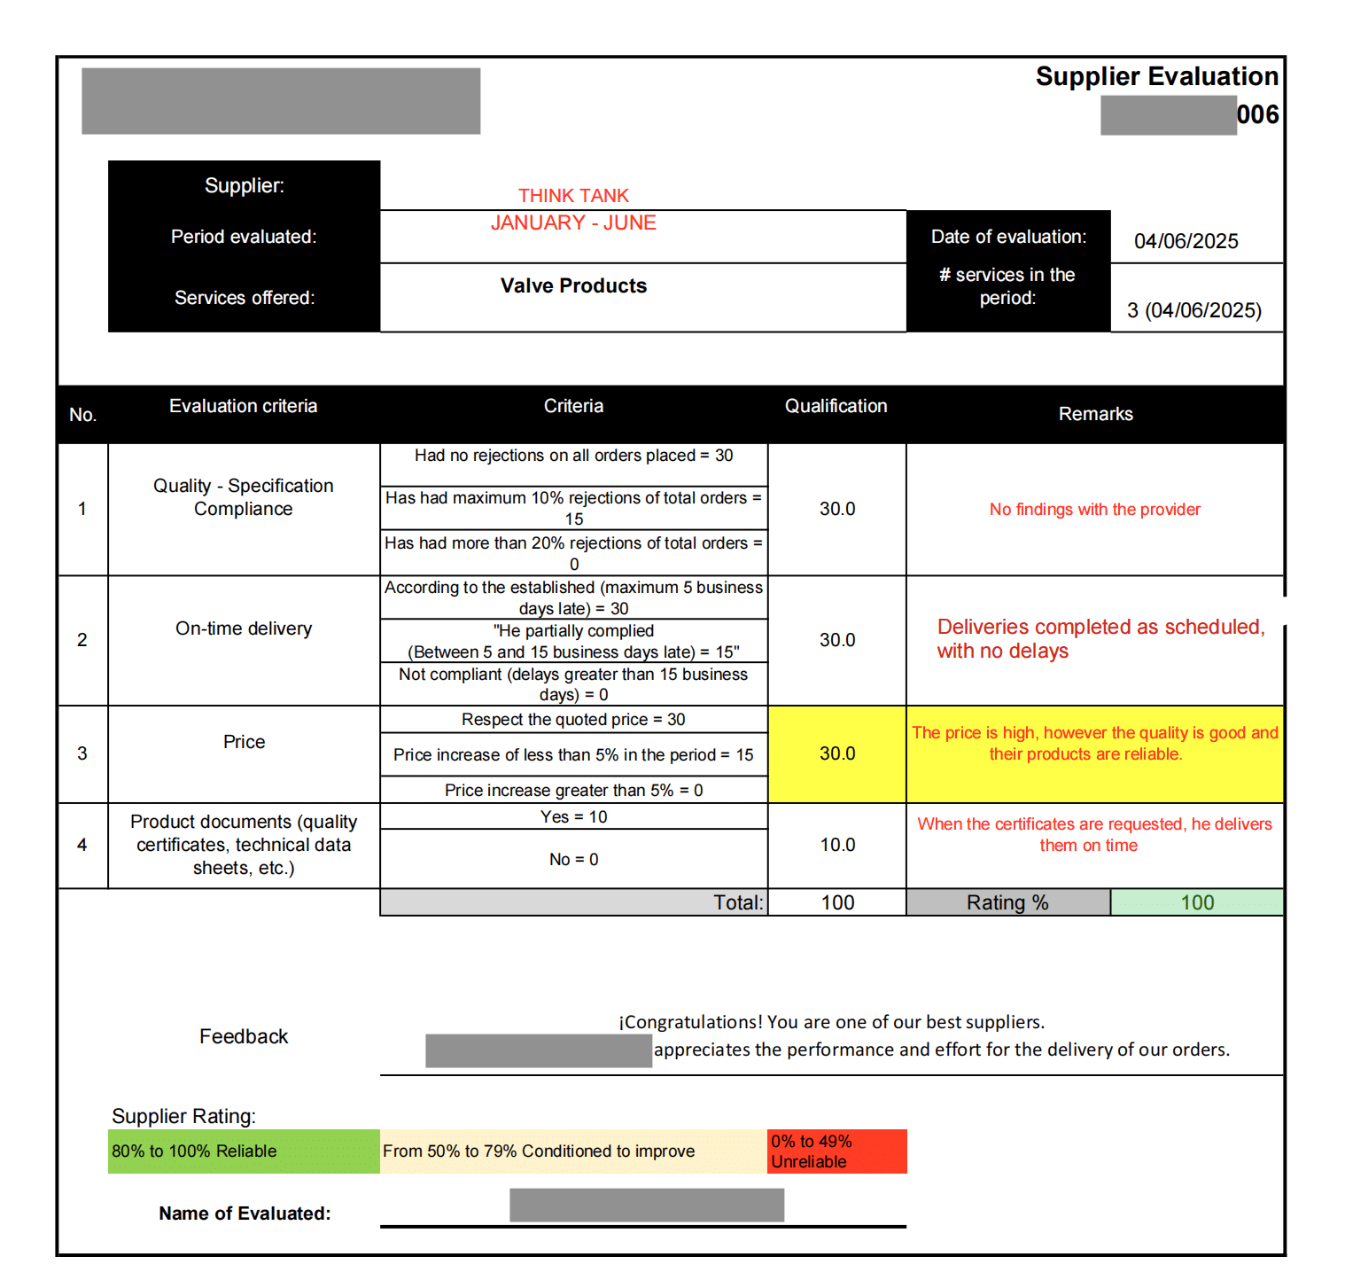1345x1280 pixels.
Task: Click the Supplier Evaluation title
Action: [x=1156, y=77]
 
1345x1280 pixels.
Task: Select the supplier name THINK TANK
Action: [x=573, y=196]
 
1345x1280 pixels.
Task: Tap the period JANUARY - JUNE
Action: [x=573, y=223]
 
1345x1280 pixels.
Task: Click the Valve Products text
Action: [x=573, y=286]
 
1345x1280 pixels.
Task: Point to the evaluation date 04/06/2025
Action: [x=1186, y=241]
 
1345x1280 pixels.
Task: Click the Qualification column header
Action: [x=836, y=407]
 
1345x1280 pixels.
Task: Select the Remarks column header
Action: [x=1095, y=414]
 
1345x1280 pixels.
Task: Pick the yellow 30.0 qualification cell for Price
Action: [x=836, y=753]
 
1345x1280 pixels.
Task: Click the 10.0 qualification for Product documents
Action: [x=836, y=845]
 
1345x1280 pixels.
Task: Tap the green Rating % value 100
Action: [x=1196, y=902]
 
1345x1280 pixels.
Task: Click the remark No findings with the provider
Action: [x=1094, y=510]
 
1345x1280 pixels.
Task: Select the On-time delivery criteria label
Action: [x=244, y=628]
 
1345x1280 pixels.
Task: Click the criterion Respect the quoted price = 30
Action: [x=573, y=720]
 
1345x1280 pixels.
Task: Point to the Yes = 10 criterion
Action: [x=573, y=817]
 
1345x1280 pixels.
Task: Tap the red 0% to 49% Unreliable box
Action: [x=836, y=1151]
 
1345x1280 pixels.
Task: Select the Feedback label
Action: [x=244, y=1036]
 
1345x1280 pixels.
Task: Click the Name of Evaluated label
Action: [x=245, y=1214]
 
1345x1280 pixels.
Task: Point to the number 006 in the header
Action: [x=1257, y=115]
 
